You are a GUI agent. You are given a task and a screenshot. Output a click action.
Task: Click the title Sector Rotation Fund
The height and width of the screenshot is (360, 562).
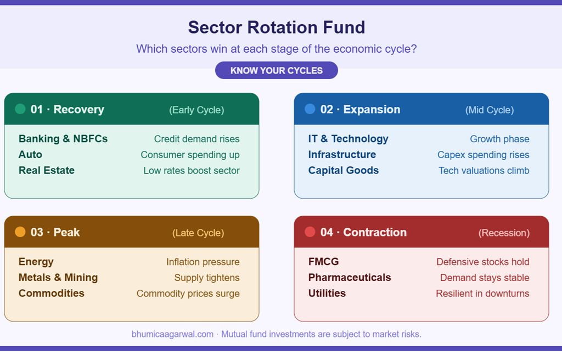click(x=276, y=27)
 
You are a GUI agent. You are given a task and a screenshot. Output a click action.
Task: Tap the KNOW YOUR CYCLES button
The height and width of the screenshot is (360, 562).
click(x=276, y=70)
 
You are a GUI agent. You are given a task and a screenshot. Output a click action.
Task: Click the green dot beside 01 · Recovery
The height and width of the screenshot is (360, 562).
click(x=20, y=109)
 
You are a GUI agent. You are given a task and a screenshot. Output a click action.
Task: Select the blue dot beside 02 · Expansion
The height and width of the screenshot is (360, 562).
click(x=310, y=109)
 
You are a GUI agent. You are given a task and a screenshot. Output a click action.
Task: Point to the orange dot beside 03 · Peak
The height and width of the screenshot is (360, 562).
click(x=20, y=232)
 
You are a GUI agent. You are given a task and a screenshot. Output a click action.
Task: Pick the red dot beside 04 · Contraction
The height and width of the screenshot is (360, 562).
click(x=310, y=232)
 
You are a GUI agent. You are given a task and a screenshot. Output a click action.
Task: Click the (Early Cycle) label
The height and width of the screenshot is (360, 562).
click(x=196, y=110)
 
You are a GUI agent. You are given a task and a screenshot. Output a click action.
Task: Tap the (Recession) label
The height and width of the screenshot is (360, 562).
click(x=504, y=233)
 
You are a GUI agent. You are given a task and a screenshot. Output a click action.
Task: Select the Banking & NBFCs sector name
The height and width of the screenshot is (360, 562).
click(x=63, y=139)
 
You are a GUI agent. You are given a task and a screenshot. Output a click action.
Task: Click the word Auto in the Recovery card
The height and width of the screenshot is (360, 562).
click(x=30, y=155)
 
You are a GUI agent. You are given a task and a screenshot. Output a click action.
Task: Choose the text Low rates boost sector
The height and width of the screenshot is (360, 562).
click(x=192, y=171)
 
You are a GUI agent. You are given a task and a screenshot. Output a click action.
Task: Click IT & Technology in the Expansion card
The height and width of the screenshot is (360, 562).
click(x=348, y=139)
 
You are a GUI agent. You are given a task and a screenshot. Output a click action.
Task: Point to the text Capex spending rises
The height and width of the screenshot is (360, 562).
click(x=483, y=155)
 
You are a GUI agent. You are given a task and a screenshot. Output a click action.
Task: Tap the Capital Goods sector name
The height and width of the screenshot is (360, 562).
click(x=343, y=171)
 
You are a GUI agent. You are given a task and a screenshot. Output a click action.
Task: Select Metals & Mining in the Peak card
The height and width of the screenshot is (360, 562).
click(x=58, y=278)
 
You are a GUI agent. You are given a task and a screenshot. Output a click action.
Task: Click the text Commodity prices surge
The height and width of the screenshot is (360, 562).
click(x=188, y=294)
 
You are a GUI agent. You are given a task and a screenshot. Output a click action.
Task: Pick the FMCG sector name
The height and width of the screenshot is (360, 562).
click(x=323, y=262)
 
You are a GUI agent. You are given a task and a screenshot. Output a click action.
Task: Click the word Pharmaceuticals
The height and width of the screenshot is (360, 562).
click(x=350, y=278)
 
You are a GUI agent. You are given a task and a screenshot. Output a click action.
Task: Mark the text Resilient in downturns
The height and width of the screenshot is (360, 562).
click(x=482, y=294)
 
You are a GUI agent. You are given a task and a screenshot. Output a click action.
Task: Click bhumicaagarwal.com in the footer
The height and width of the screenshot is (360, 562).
click(x=172, y=334)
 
